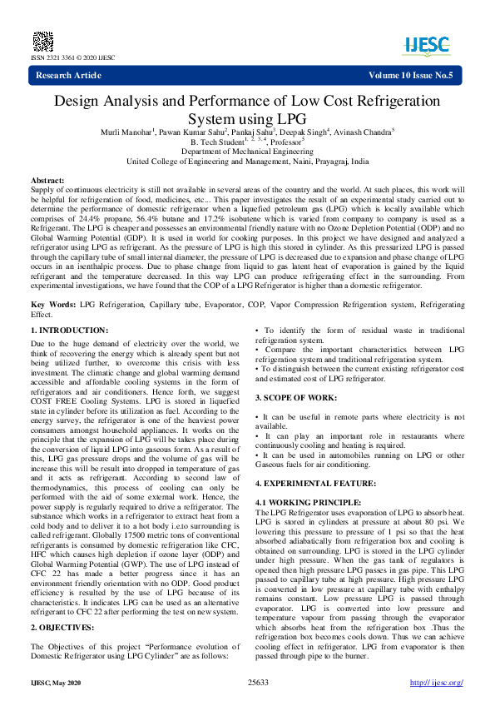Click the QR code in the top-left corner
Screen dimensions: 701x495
pyautogui.click(x=42, y=40)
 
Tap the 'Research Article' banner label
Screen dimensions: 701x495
pyautogui.click(x=68, y=76)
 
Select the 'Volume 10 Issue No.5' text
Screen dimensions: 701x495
pyautogui.click(x=411, y=76)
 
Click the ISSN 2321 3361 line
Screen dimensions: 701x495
pyautogui.click(x=72, y=57)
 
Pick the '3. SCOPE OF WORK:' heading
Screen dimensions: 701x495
pyautogui.click(x=297, y=398)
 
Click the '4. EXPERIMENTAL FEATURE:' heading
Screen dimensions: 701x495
pyautogui.click(x=315, y=483)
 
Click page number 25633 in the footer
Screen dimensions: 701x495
pyautogui.click(x=258, y=682)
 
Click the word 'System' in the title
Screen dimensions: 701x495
pyautogui.click(x=221, y=118)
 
